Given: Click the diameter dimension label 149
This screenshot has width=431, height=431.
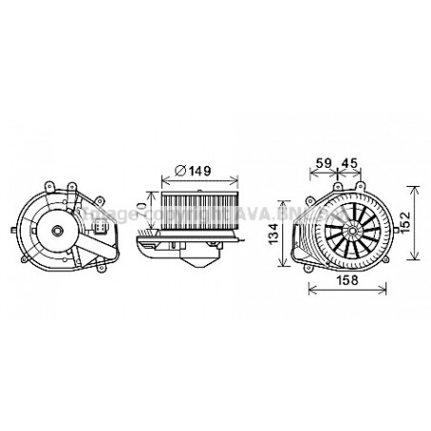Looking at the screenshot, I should pos(198,171).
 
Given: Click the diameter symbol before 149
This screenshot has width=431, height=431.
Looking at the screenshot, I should pos(179,171).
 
